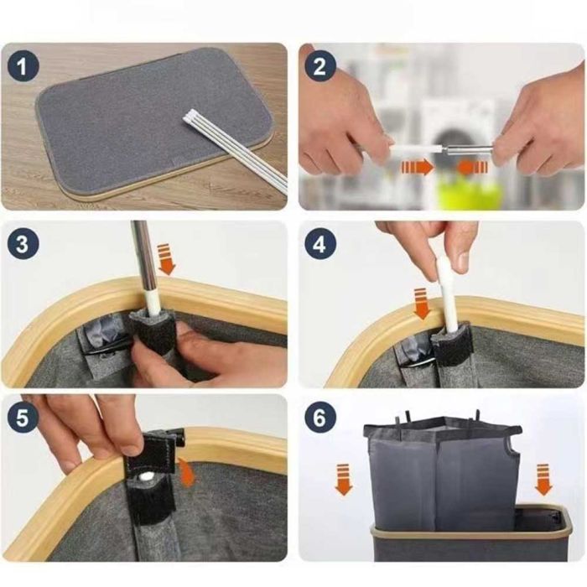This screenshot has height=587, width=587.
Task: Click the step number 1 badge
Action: (x=23, y=66)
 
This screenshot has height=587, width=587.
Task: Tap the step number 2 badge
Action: (x=319, y=66)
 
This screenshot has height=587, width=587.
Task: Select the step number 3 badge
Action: (x=23, y=244)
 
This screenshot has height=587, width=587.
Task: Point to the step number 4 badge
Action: (x=319, y=244)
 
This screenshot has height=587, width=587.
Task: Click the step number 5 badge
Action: (x=23, y=417)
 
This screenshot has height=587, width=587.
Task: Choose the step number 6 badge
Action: (x=319, y=417)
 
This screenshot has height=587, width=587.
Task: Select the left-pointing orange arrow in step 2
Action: (x=472, y=167)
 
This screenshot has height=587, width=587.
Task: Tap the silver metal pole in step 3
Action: (x=142, y=258)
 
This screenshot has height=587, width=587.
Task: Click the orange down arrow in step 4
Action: (x=422, y=304)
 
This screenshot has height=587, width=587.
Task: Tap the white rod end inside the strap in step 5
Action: (x=147, y=476)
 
